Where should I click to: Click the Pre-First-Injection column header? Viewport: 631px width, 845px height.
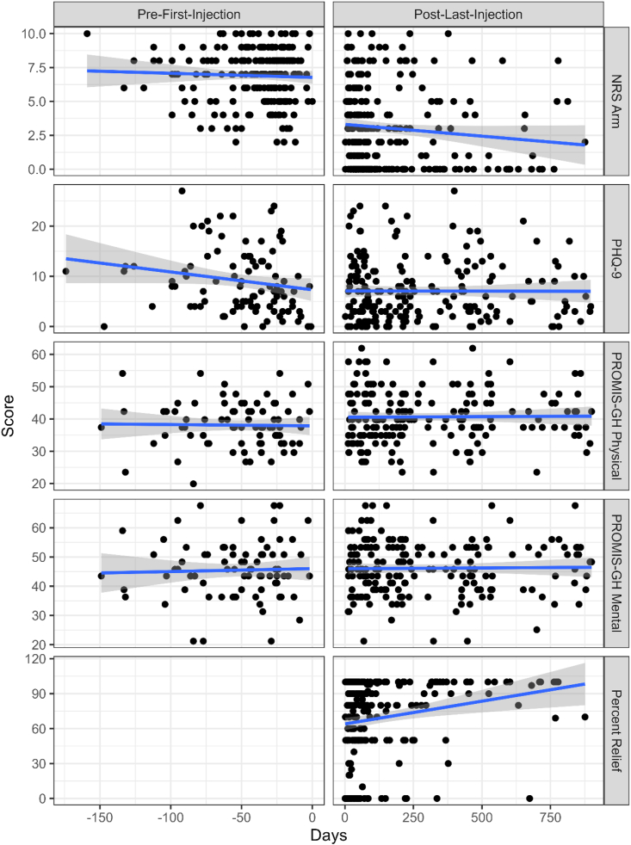(x=189, y=15)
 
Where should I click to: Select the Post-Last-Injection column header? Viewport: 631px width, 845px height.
(x=467, y=15)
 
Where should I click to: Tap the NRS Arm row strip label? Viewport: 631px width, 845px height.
(x=617, y=102)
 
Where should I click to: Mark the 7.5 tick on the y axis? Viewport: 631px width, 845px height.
(x=34, y=67)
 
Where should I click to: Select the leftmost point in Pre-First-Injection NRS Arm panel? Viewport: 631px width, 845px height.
(x=87, y=33)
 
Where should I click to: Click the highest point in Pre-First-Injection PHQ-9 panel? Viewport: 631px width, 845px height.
(x=182, y=191)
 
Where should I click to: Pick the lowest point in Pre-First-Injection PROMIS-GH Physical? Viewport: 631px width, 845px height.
(x=193, y=484)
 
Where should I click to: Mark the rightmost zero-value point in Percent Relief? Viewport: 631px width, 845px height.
(x=529, y=799)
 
